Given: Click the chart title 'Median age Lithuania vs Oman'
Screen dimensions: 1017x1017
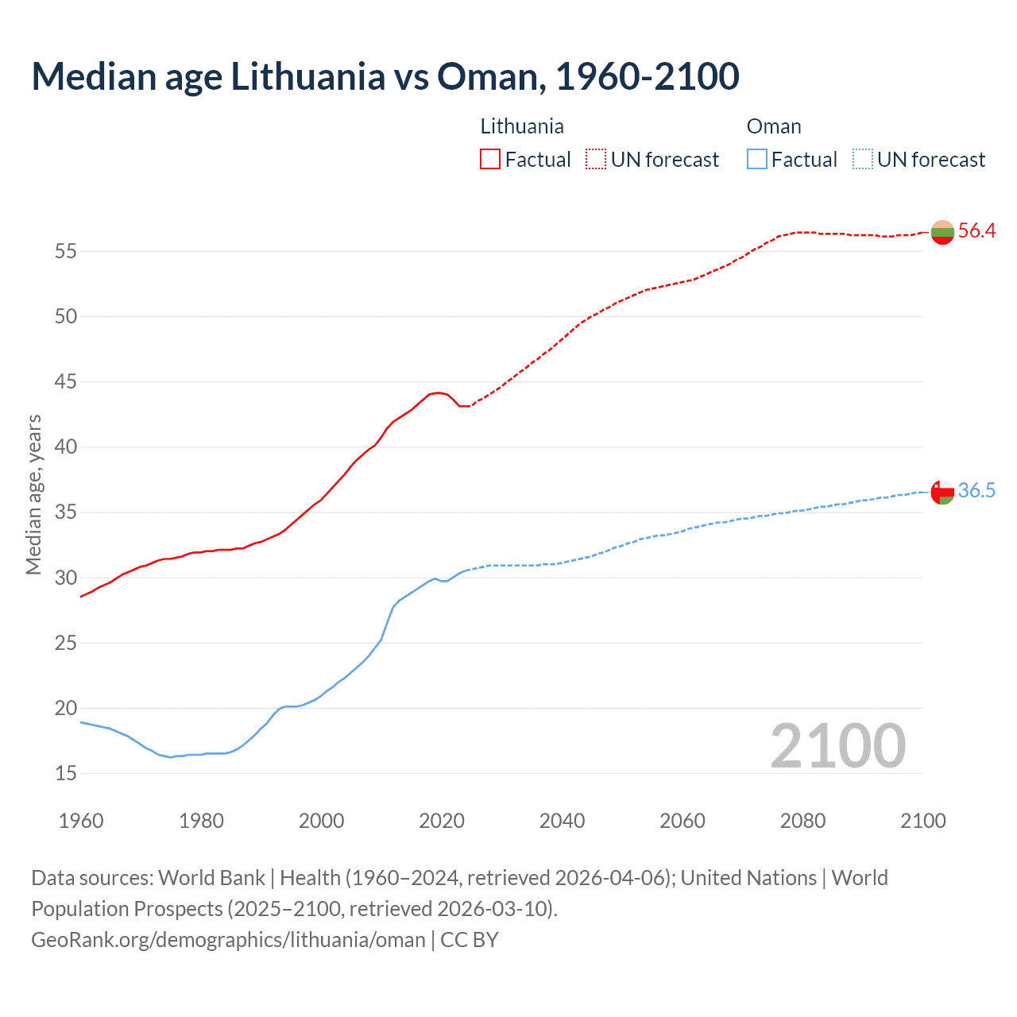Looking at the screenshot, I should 385,76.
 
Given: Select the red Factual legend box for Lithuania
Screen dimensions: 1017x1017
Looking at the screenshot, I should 490,160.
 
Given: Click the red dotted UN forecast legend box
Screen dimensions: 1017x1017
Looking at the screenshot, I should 596,160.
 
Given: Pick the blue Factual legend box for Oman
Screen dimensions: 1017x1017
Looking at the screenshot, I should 757,160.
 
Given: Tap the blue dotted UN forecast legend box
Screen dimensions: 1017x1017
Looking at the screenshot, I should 863,160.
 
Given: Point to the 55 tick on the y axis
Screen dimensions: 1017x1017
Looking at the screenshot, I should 66,252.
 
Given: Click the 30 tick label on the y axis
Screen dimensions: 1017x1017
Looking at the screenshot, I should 66,578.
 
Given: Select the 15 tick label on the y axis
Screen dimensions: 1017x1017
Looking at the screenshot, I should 66,774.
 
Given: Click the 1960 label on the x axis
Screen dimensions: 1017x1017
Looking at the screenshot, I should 81,821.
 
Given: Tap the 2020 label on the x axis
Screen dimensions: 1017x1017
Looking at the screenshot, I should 442,821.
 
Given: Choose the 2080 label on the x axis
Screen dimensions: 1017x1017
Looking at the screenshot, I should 802,821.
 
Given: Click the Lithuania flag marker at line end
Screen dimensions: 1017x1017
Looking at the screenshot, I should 942,232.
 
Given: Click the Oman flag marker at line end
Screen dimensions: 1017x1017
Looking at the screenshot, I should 942,492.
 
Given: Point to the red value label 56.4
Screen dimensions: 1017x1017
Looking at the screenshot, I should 976,231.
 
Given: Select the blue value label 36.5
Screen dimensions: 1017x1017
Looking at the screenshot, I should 976,491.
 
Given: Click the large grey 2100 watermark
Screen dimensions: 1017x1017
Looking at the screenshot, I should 837,746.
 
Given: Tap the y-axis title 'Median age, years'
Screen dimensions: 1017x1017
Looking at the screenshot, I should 33,494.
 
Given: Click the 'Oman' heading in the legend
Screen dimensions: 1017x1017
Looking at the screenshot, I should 774,126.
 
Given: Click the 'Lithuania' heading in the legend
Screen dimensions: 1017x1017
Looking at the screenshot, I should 522,126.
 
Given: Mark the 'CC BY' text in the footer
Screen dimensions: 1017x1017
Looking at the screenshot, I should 469,940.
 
